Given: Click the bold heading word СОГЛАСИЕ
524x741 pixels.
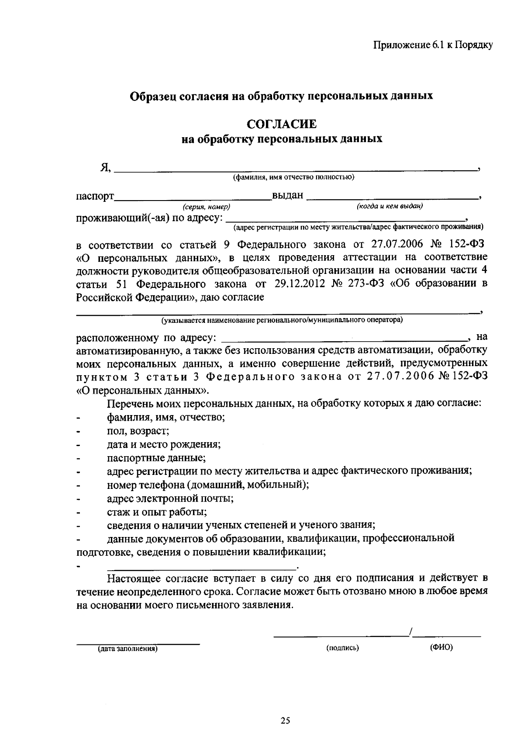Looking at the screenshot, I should tap(282, 124).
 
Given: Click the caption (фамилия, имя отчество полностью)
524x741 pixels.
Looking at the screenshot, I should tap(293, 177).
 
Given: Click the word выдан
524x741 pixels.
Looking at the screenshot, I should tap(287, 196).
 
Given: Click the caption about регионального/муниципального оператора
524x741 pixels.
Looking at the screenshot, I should tap(282, 320).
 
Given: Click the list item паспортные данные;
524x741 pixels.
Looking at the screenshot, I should tap(156, 458).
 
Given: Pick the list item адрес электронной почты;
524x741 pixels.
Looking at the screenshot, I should tap(170, 499).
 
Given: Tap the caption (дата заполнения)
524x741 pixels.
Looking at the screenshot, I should tap(127, 649).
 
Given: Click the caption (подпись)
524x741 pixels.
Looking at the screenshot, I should tap(342, 648).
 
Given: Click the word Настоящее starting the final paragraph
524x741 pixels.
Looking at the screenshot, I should tap(133, 578).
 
